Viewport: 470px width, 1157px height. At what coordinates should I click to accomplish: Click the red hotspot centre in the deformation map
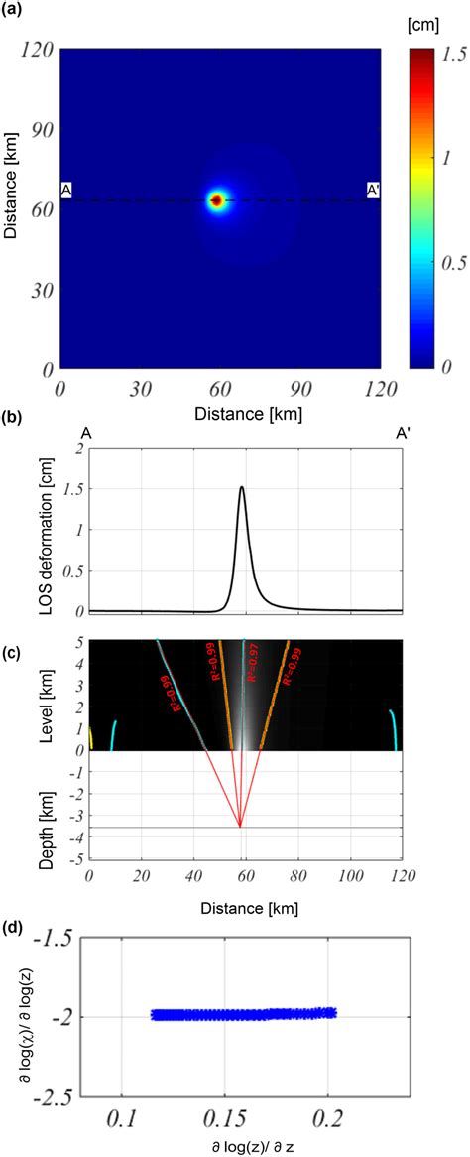216,200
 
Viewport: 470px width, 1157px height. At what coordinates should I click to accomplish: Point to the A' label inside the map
374,191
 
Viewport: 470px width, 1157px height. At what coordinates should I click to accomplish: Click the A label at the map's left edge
66,192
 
